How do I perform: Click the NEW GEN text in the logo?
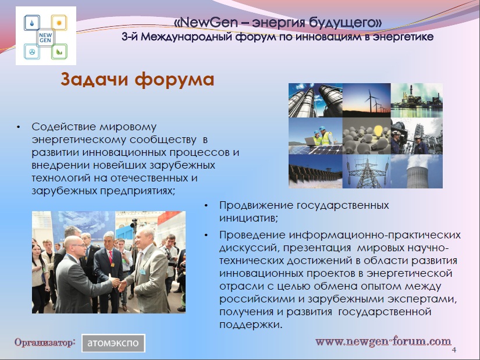pos(45,37)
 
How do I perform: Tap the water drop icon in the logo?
pos(32,23)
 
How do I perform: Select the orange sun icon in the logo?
pos(59,22)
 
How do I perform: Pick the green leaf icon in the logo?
pos(59,52)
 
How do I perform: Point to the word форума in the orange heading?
pos(174,80)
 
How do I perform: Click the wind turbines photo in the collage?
pos(367,100)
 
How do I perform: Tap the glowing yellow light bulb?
pos(378,131)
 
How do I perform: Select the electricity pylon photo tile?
pos(367,171)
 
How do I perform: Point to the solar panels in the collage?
pos(315,149)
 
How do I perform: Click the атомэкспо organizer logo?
pos(113,343)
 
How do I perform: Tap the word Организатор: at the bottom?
pos(45,342)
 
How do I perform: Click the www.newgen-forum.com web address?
pos(383,341)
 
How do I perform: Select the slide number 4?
pos(454,350)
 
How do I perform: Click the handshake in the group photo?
pos(119,283)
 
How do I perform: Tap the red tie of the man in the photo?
pos(111,257)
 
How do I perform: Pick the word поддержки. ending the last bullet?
pos(251,325)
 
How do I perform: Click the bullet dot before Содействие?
pos(19,127)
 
